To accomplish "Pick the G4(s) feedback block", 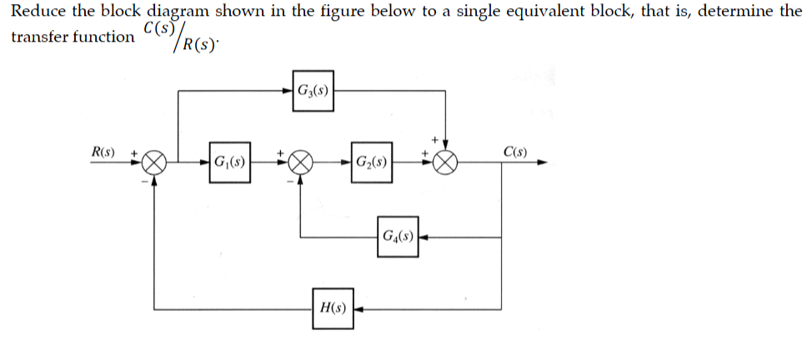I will [397, 236].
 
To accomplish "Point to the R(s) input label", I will [103, 152].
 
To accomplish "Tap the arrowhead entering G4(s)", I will [423, 236].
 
